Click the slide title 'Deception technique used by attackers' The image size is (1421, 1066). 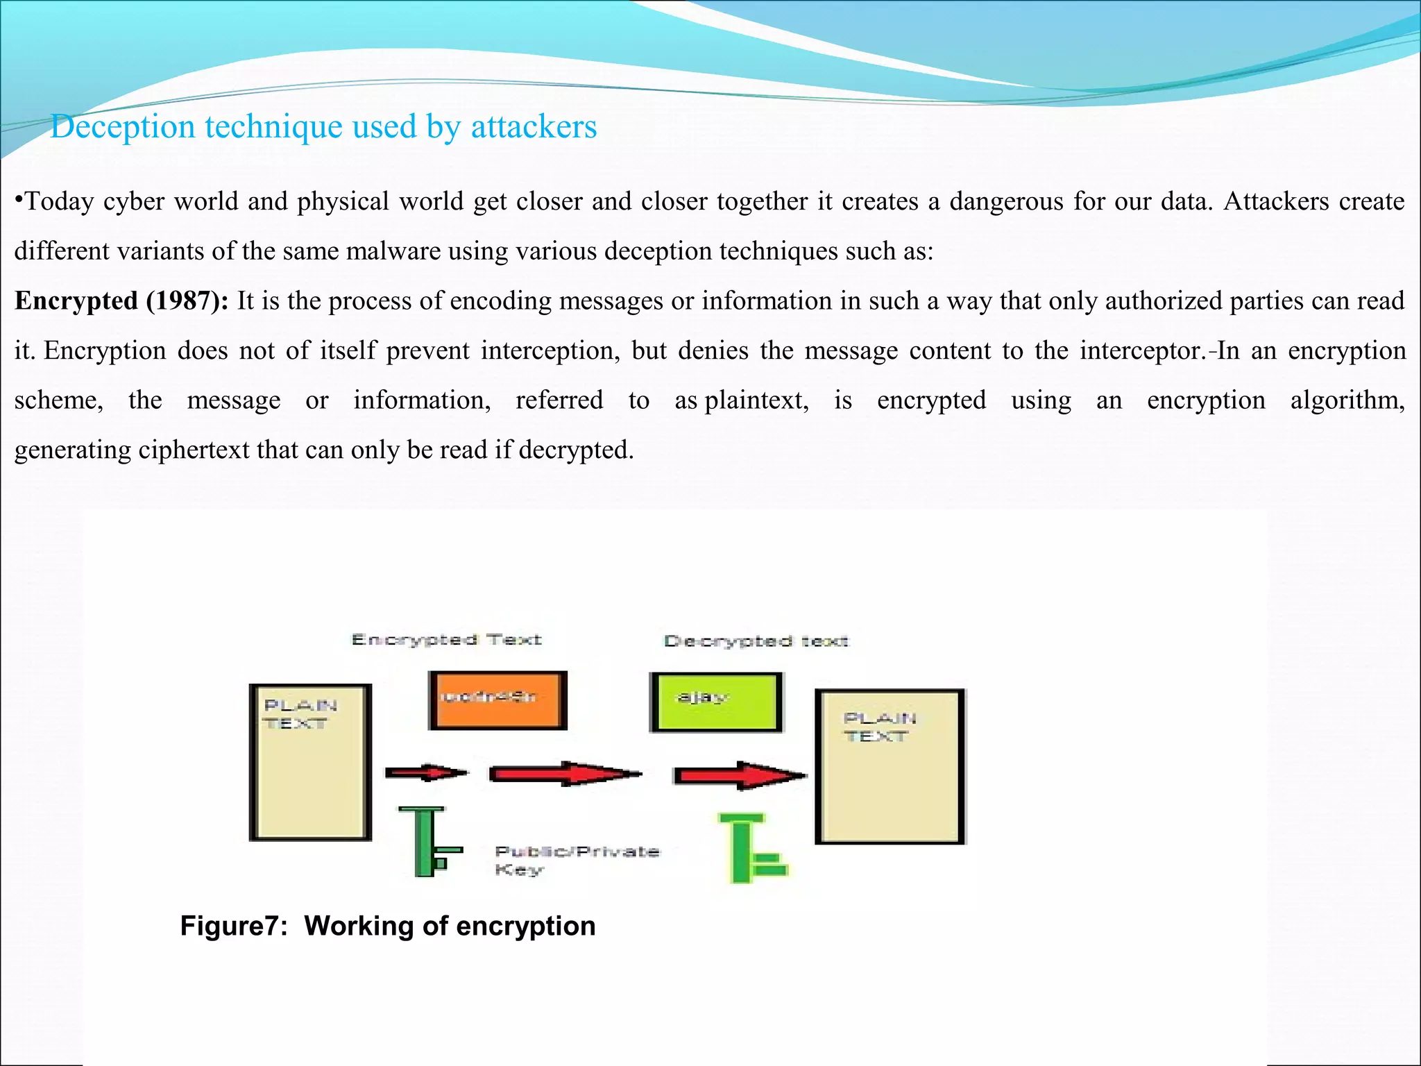[323, 127]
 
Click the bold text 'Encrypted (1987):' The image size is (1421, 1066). [121, 301]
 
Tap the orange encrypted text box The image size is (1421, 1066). [497, 700]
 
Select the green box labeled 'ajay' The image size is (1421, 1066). [716, 702]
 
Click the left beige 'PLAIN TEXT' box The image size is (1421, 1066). [310, 762]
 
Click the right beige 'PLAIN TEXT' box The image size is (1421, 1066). [890, 767]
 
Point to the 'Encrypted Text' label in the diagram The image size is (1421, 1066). [446, 640]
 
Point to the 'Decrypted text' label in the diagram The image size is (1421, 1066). [756, 641]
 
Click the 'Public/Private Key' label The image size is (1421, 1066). [576, 860]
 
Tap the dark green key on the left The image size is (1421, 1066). [429, 841]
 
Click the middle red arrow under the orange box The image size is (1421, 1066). [565, 774]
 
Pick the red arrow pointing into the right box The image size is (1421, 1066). [740, 775]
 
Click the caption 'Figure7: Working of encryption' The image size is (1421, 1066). [387, 927]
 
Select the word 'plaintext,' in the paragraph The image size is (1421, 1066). [756, 400]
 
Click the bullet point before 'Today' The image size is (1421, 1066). [19, 200]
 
